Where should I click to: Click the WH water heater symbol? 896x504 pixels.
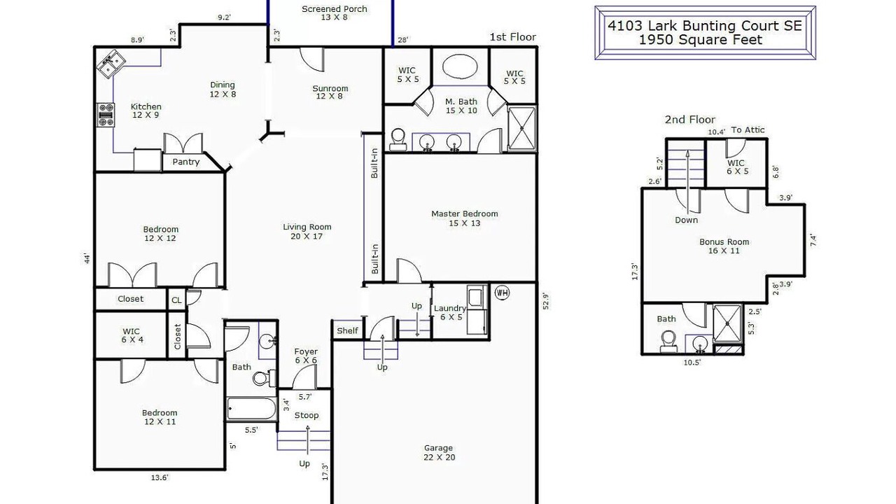502,293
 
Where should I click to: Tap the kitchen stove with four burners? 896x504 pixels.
106,115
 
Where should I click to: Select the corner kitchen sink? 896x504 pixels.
111,64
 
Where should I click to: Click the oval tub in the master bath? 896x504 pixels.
460,66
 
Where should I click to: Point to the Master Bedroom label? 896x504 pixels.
464,214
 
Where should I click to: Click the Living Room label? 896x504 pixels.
307,227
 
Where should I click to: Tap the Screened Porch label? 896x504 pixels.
335,9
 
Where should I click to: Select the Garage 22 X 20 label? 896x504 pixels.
439,452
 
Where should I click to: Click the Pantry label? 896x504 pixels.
185,162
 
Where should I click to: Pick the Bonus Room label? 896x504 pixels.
724,242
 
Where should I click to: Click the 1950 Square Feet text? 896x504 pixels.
701,40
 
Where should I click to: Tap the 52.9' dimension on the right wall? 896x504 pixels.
546,302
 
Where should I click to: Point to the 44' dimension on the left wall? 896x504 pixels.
87,259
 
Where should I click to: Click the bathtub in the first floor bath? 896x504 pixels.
251,409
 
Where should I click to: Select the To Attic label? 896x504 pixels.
748,130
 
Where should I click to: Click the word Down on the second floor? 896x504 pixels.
687,220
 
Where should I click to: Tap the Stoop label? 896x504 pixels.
307,416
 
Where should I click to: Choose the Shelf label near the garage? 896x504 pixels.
347,330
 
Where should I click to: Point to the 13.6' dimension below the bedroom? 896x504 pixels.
160,477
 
